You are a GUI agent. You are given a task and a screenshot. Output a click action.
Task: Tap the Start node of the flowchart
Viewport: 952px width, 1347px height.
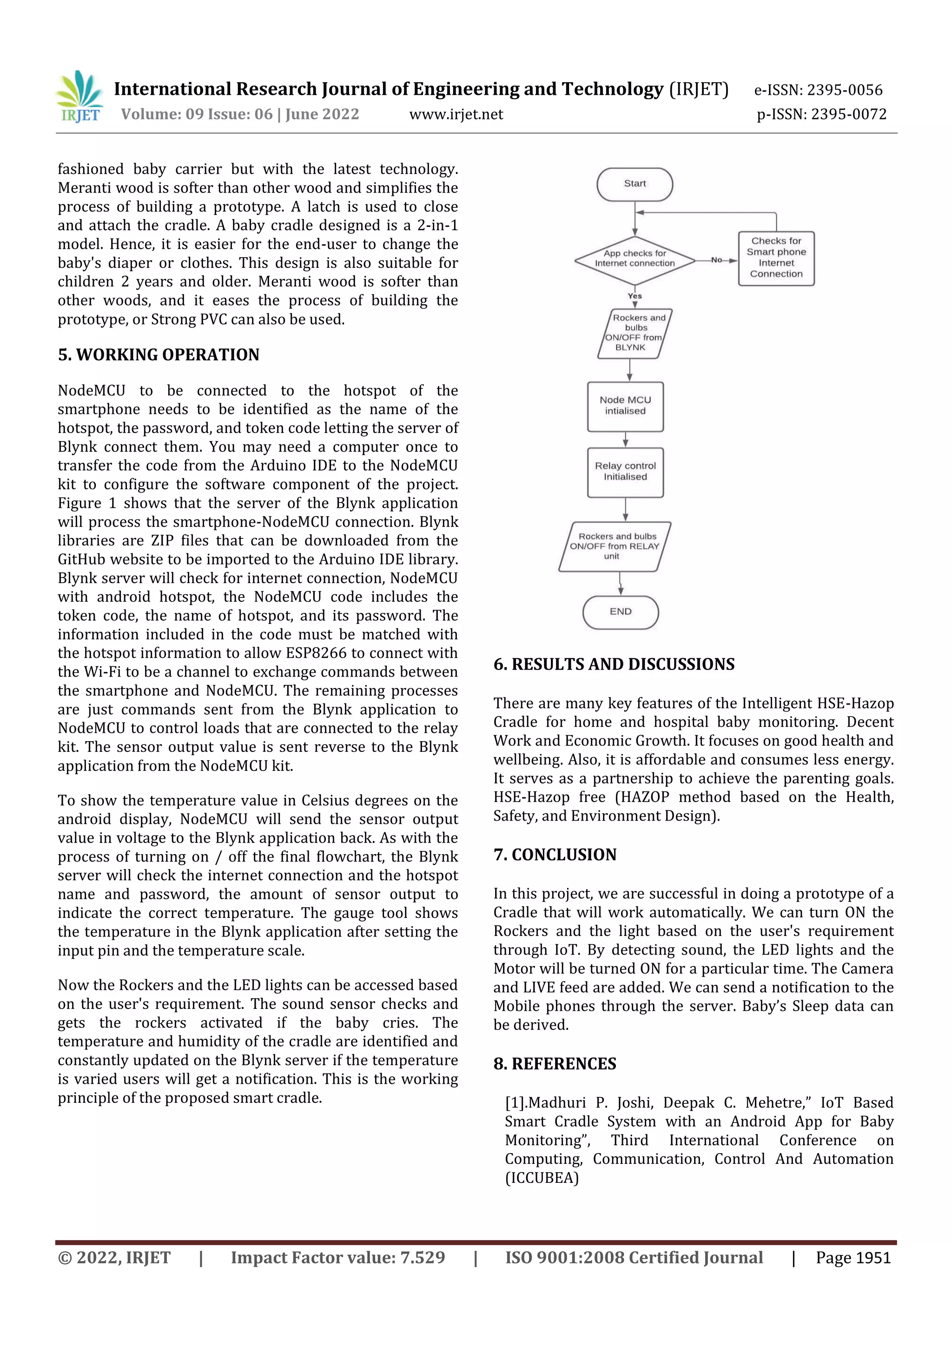point(635,184)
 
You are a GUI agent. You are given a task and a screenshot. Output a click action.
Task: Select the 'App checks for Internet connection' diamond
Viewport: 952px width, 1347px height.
point(635,259)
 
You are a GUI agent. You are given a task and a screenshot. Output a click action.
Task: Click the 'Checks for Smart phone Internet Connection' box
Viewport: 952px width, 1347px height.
point(776,258)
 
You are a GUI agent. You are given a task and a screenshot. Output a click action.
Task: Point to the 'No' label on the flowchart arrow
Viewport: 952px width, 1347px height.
point(716,260)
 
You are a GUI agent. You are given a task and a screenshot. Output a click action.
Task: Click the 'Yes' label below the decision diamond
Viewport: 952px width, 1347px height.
point(635,296)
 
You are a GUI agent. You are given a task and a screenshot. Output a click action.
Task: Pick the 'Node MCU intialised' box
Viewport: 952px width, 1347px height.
point(625,406)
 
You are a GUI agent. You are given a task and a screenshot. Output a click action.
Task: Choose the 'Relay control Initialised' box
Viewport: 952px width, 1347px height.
point(625,471)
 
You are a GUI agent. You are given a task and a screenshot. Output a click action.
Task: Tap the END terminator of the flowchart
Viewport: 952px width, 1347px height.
point(621,612)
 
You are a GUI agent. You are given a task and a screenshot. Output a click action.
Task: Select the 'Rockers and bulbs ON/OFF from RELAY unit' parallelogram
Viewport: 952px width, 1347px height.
point(614,546)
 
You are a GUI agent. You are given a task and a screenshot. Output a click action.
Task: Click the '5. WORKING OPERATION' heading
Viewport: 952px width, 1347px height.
point(159,355)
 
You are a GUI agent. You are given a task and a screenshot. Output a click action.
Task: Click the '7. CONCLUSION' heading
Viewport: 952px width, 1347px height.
point(555,855)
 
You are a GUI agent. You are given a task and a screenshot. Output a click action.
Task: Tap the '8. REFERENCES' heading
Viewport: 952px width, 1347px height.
point(555,1064)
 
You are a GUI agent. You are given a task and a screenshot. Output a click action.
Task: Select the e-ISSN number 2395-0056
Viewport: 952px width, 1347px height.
point(844,90)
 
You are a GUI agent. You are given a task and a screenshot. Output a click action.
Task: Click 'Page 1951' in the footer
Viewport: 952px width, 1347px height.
point(853,1258)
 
